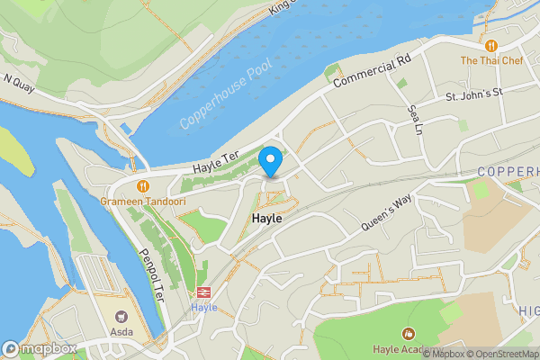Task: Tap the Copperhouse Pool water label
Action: click(224, 96)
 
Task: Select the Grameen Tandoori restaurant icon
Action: click(143, 185)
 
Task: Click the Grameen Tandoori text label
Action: click(143, 202)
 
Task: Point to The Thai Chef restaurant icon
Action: click(491, 45)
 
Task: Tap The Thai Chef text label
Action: click(491, 61)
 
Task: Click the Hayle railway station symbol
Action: click(204, 292)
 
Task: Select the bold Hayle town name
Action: click(267, 219)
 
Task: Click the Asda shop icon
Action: click(121, 316)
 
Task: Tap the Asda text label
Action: click(121, 331)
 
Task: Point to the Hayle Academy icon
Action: click(409, 334)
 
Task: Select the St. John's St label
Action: click(473, 92)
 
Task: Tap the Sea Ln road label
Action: click(415, 119)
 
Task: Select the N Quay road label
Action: click(20, 81)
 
